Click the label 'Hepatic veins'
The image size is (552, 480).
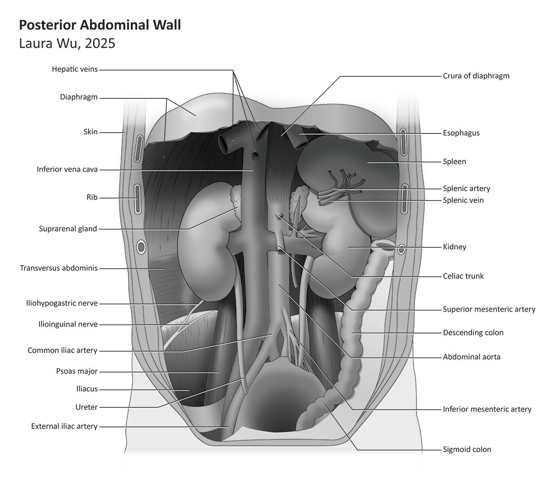[x=75, y=69]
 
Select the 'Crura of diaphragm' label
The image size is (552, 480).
[x=476, y=76]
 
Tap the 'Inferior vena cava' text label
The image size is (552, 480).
[x=67, y=170]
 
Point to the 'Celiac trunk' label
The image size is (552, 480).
[x=463, y=276]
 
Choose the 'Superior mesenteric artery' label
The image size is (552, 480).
[x=489, y=309]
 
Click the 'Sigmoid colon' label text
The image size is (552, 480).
[x=467, y=449]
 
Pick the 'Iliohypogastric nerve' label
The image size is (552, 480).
[x=62, y=303]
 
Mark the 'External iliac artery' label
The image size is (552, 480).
[x=64, y=426]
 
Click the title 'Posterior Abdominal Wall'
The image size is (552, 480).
[x=100, y=25]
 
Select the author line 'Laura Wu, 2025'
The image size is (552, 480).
[x=67, y=43]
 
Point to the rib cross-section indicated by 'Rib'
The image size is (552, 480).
[x=137, y=199]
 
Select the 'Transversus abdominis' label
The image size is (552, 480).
[x=59, y=268]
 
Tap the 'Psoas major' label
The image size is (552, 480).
[x=77, y=371]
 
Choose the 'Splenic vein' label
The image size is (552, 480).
[x=463, y=200]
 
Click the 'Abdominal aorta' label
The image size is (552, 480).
[x=472, y=356]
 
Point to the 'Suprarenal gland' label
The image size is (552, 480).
[x=68, y=229]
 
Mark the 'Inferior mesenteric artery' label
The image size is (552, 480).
[x=487, y=409]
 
